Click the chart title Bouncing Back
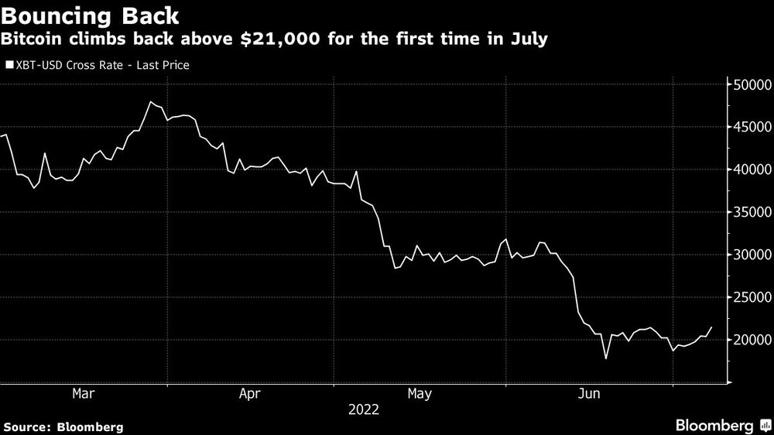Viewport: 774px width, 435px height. pos(91,16)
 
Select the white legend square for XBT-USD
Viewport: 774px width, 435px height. pos(9,66)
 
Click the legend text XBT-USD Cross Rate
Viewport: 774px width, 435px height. pos(70,66)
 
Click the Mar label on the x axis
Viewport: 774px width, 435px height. pos(83,394)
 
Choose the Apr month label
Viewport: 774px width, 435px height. pos(250,394)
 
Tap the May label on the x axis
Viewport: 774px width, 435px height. pos(419,394)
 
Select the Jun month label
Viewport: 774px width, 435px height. pos(589,394)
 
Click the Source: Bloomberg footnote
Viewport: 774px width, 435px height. pos(63,426)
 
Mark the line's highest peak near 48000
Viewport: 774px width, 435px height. pos(150,102)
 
